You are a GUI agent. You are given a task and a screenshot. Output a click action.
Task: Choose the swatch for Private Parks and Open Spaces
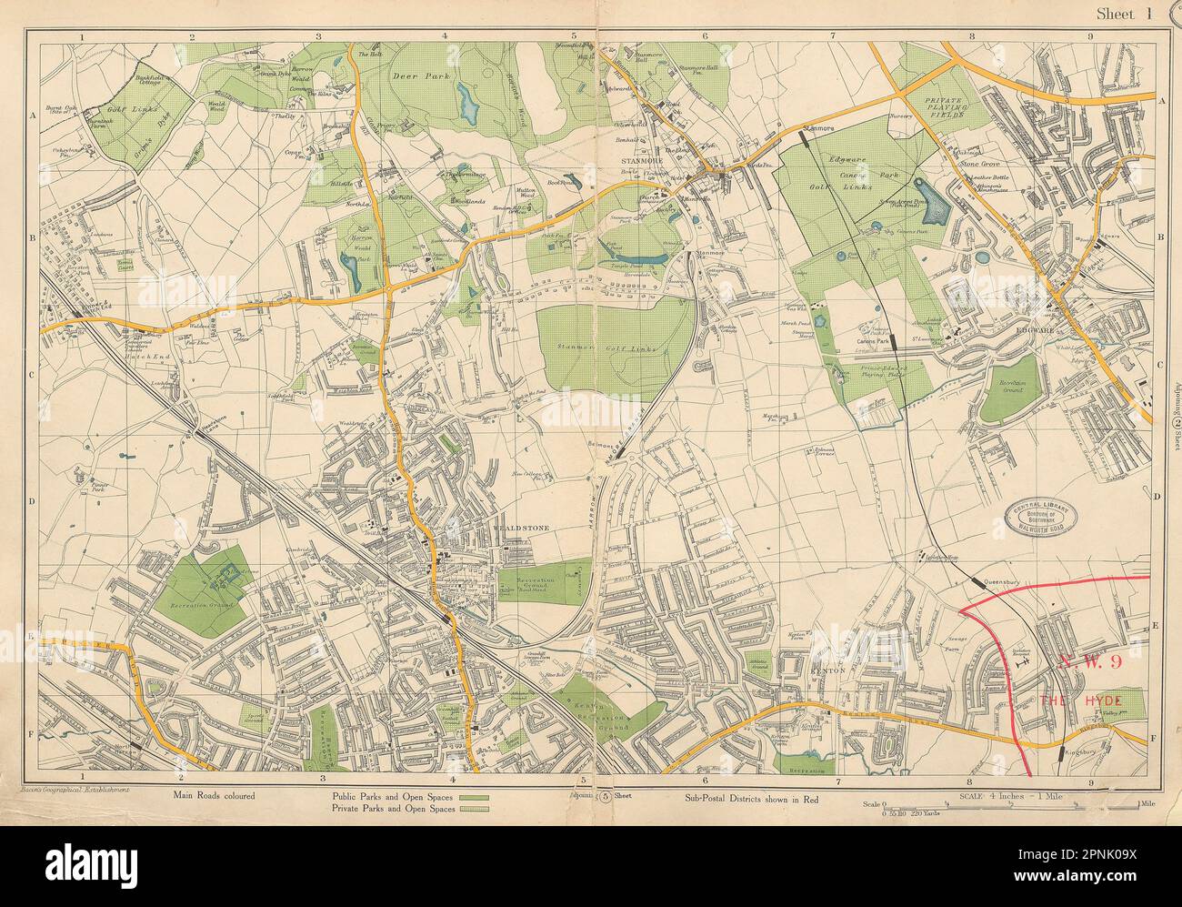(x=474, y=805)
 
